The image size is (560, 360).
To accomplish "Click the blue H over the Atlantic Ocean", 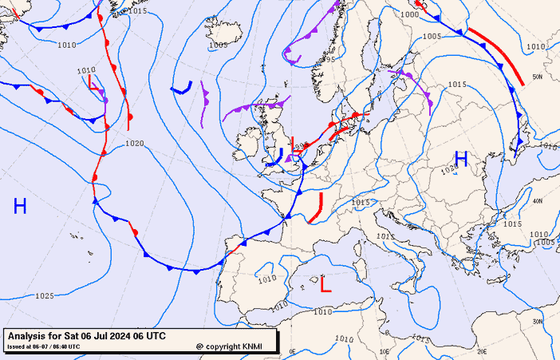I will click(x=20, y=207).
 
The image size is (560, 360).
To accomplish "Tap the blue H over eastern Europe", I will click(x=461, y=159).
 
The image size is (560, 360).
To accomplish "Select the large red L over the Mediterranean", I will click(x=325, y=283).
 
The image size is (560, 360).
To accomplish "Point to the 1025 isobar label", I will click(x=45, y=296).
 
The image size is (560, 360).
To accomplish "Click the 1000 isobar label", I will click(x=409, y=14).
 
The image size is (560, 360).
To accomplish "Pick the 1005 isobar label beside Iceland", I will click(x=218, y=45).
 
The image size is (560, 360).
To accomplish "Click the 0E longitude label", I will click(x=292, y=351).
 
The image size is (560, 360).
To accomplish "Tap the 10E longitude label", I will click(x=384, y=351).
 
